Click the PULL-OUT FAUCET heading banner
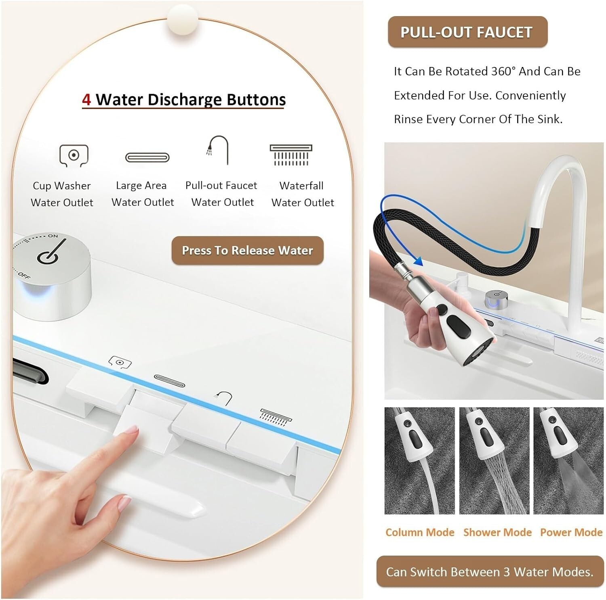click(467, 32)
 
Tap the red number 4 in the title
click(86, 99)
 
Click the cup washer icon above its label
click(74, 155)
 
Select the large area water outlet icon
click(147, 157)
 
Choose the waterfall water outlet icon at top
click(291, 155)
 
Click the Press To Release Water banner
click(247, 251)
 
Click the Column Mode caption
click(420, 533)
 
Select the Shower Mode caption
click(497, 533)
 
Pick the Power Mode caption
click(571, 533)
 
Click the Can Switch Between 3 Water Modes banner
click(490, 572)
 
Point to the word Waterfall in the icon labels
click(301, 186)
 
